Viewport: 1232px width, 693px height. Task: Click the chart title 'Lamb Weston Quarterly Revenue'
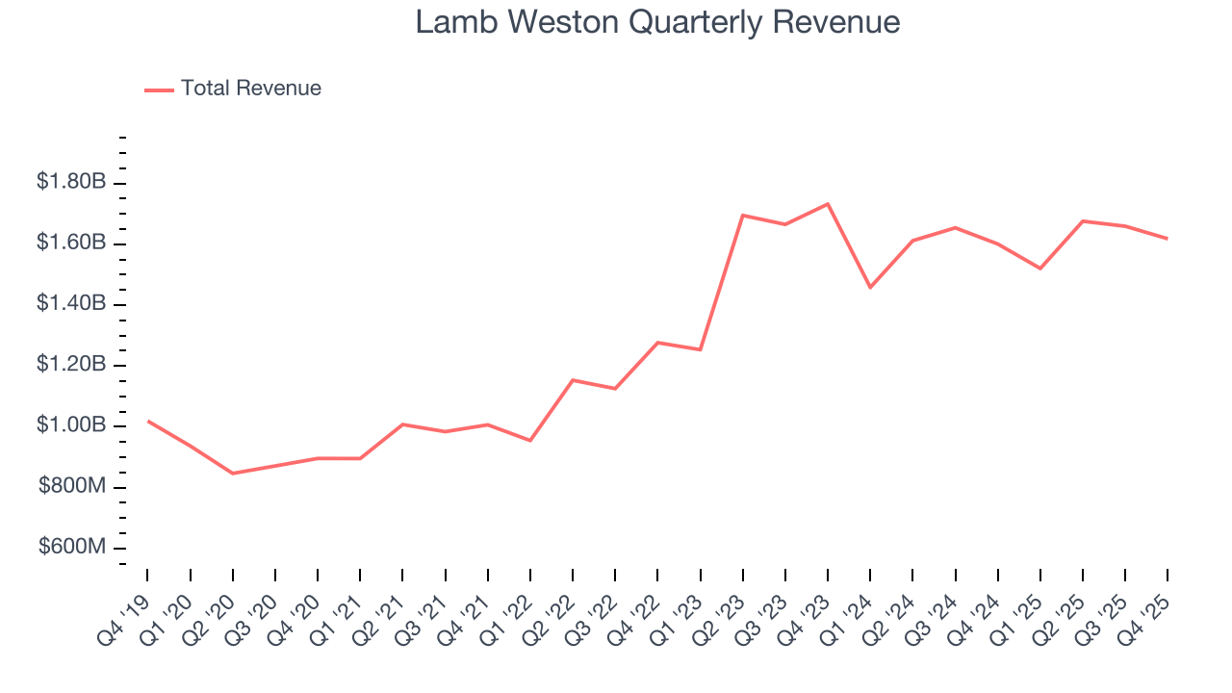657,22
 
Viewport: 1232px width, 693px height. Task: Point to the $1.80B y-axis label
70,182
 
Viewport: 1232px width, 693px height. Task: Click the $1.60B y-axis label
70,243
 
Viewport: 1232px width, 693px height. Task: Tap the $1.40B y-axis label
70,304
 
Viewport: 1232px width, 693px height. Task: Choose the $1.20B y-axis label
70,365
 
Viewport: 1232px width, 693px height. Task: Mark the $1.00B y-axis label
70,425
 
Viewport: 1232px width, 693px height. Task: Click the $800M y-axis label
72,487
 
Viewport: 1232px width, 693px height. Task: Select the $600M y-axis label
72,548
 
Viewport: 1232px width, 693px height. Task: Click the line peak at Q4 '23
828,204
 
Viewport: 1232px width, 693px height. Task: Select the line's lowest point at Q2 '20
233,474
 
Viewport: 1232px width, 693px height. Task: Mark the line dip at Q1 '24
870,288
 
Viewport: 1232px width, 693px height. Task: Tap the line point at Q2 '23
743,215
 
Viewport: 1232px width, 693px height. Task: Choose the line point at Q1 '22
530,441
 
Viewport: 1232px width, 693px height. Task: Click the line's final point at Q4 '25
1168,239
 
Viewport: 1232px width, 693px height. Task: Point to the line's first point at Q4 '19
147,421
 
